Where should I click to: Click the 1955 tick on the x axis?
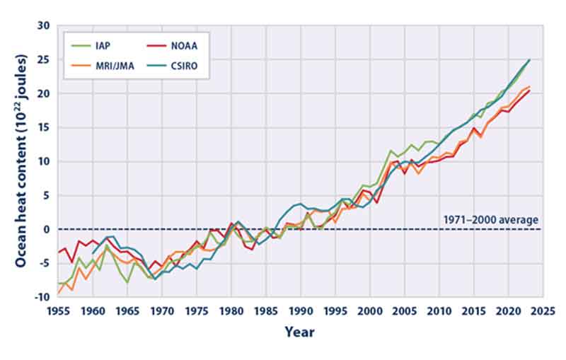tap(58, 310)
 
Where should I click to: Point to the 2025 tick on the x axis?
tap(544, 310)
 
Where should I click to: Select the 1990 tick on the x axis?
tap(301, 310)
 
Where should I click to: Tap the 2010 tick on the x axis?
tap(440, 310)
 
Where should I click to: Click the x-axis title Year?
tap(300, 331)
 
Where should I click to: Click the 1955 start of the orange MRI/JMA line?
tap(58, 293)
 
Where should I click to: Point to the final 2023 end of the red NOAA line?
tap(529, 91)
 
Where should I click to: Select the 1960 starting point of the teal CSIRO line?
tap(93, 252)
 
